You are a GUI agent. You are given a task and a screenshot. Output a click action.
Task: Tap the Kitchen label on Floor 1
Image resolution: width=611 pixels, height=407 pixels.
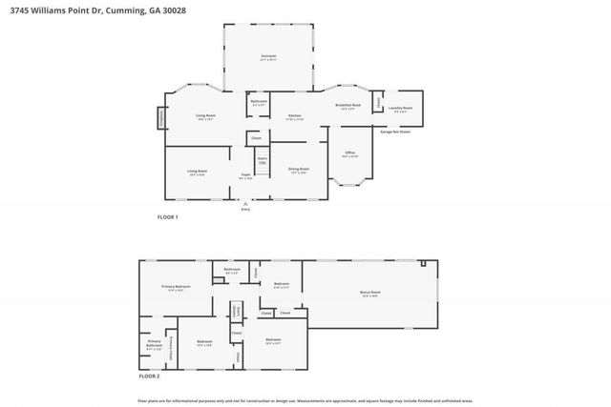(x=296, y=117)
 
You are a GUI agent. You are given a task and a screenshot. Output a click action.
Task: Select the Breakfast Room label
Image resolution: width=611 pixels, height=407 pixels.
(x=348, y=106)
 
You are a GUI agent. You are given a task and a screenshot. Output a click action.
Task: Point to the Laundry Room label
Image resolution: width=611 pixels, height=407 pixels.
(x=401, y=109)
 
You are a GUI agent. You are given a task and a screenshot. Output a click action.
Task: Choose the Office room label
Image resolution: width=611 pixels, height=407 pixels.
(x=350, y=154)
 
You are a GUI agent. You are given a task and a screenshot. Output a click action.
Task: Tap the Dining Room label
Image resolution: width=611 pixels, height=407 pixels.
(x=297, y=171)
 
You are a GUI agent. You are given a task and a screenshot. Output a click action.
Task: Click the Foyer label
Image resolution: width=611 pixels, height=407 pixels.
(x=245, y=176)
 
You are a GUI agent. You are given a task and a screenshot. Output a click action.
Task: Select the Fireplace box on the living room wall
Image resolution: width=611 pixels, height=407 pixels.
(x=160, y=116)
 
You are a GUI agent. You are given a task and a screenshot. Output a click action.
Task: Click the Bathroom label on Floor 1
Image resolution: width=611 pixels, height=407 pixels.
(x=259, y=102)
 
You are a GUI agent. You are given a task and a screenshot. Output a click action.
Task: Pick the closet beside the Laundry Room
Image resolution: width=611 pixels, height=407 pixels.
(x=378, y=101)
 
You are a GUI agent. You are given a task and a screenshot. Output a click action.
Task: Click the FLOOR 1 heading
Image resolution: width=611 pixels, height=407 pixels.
(x=167, y=217)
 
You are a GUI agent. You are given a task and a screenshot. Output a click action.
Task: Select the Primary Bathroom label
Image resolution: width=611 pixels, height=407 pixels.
(x=154, y=344)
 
